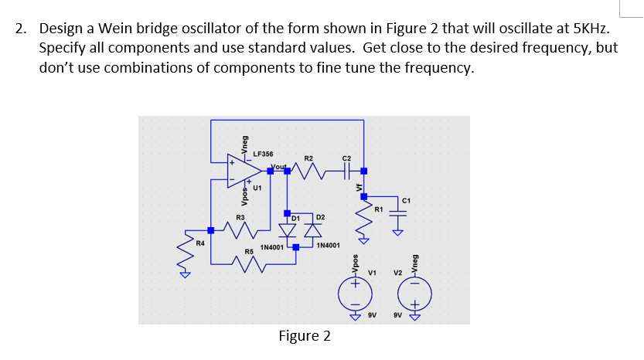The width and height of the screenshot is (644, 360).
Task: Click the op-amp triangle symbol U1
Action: [246, 171]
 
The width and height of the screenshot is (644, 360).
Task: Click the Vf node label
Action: [359, 185]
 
